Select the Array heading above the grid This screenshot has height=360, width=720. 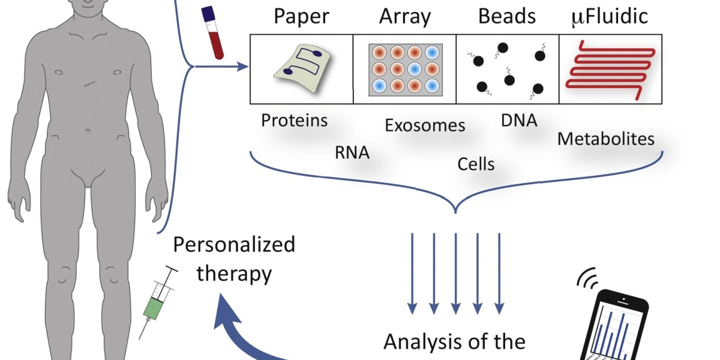click(405, 17)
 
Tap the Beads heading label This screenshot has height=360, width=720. click(507, 17)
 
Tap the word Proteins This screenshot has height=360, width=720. click(295, 121)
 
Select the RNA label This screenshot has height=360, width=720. click(352, 153)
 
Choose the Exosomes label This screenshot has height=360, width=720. click(425, 125)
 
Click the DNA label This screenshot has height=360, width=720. click(519, 121)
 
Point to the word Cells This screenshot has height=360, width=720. click(476, 164)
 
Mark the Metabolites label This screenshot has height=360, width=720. click(605, 139)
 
